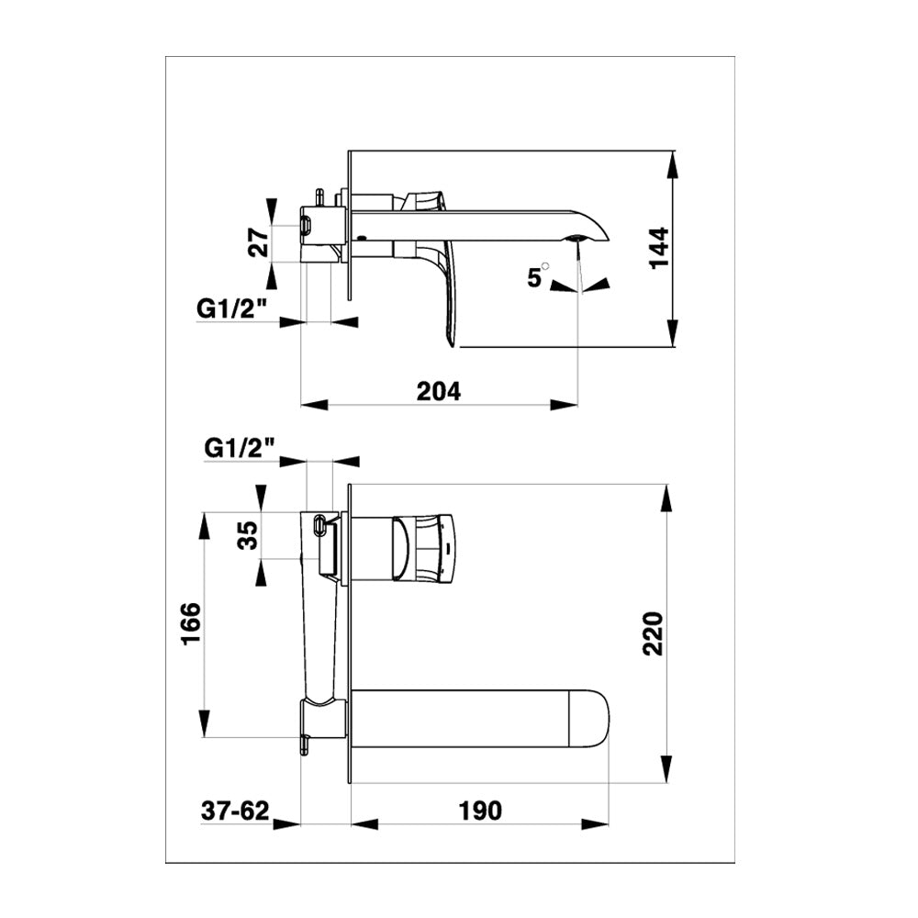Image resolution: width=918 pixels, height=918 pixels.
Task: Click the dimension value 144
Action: [x=660, y=248]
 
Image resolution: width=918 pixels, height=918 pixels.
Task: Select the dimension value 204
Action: [x=439, y=391]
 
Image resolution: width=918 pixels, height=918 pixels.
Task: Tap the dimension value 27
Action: [x=258, y=243]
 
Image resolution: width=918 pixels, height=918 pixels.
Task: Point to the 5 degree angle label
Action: [x=536, y=276]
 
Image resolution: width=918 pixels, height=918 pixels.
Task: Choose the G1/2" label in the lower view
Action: [x=240, y=448]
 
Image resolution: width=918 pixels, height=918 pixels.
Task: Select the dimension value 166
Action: [x=192, y=623]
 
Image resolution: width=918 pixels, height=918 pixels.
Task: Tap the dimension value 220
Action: [x=654, y=633]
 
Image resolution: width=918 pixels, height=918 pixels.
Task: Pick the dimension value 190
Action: [x=480, y=811]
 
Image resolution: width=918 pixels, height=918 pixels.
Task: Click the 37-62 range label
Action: [x=235, y=811]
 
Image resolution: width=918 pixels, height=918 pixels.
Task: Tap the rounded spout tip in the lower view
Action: [x=589, y=719]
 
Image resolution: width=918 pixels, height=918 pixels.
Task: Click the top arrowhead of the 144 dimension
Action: [x=672, y=164]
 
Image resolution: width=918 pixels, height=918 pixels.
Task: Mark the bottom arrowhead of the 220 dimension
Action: [x=666, y=768]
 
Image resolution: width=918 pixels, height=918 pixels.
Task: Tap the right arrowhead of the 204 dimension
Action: [x=564, y=404]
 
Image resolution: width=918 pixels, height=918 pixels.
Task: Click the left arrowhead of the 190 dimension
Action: [x=364, y=823]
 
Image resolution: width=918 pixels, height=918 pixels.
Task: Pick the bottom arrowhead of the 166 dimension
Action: [x=205, y=723]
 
